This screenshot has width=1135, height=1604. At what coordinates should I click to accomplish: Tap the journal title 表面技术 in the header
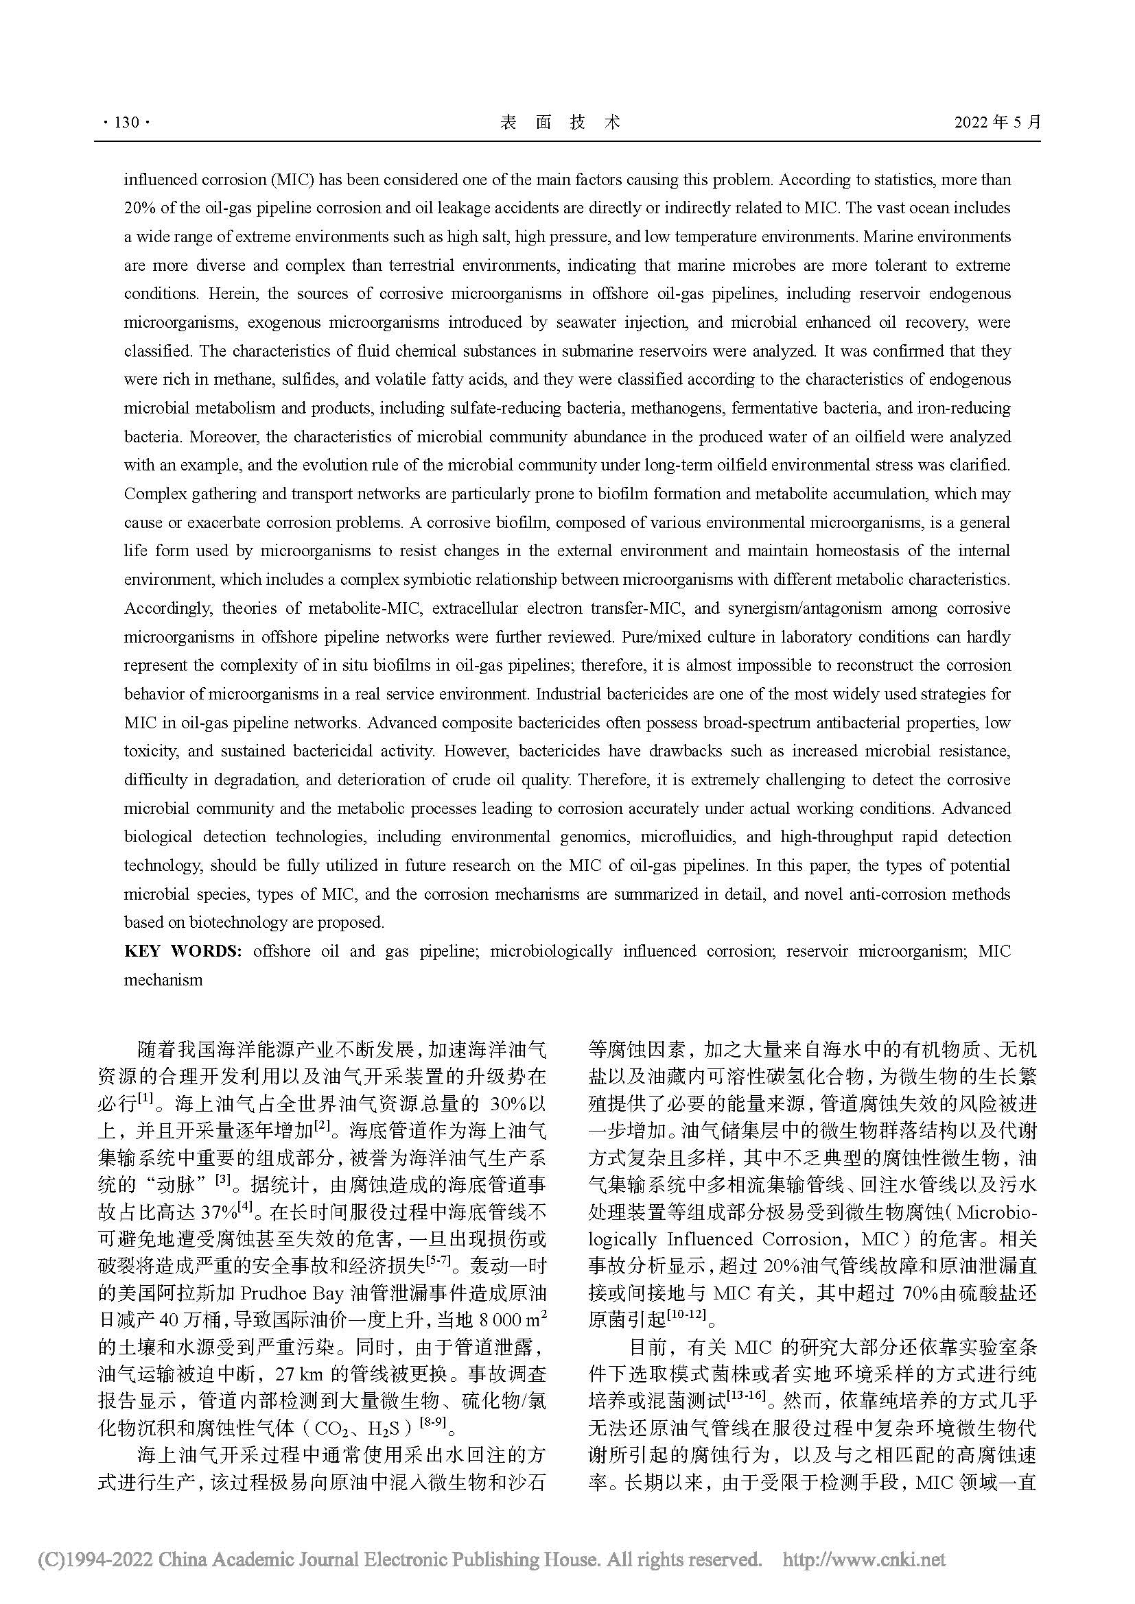click(561, 122)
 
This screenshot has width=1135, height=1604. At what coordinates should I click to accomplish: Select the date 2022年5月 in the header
click(997, 122)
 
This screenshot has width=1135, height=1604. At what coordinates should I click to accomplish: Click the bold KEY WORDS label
click(183, 950)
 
